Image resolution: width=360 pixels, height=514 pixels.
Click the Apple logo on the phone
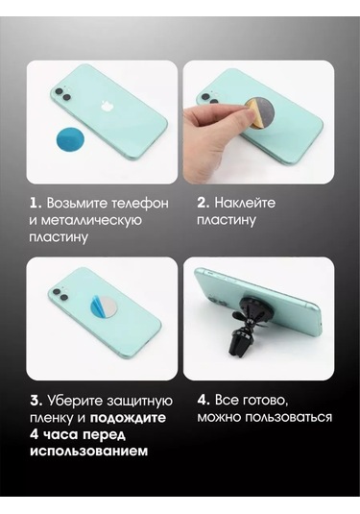click(x=106, y=107)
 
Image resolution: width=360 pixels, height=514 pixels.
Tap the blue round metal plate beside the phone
click(x=70, y=139)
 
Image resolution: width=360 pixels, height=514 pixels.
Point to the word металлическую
click(x=85, y=220)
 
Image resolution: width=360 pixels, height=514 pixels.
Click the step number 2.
click(x=204, y=203)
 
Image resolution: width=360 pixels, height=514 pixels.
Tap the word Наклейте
click(x=245, y=203)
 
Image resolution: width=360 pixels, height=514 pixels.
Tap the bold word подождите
click(x=128, y=418)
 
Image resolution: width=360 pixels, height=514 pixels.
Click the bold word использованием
click(x=88, y=451)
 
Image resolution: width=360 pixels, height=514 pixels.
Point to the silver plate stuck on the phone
click(x=106, y=309)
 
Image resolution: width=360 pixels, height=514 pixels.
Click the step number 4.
click(x=204, y=401)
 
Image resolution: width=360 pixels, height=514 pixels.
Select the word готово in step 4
click(x=265, y=401)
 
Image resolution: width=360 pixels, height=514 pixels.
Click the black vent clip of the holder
click(x=240, y=344)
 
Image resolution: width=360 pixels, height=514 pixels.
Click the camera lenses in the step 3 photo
click(x=61, y=294)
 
